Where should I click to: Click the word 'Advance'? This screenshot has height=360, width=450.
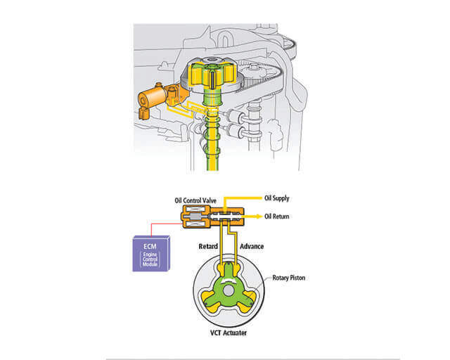(x=251, y=247)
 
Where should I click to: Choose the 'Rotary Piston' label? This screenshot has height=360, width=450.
(x=290, y=277)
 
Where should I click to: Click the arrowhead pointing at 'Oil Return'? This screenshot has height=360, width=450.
(x=259, y=216)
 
